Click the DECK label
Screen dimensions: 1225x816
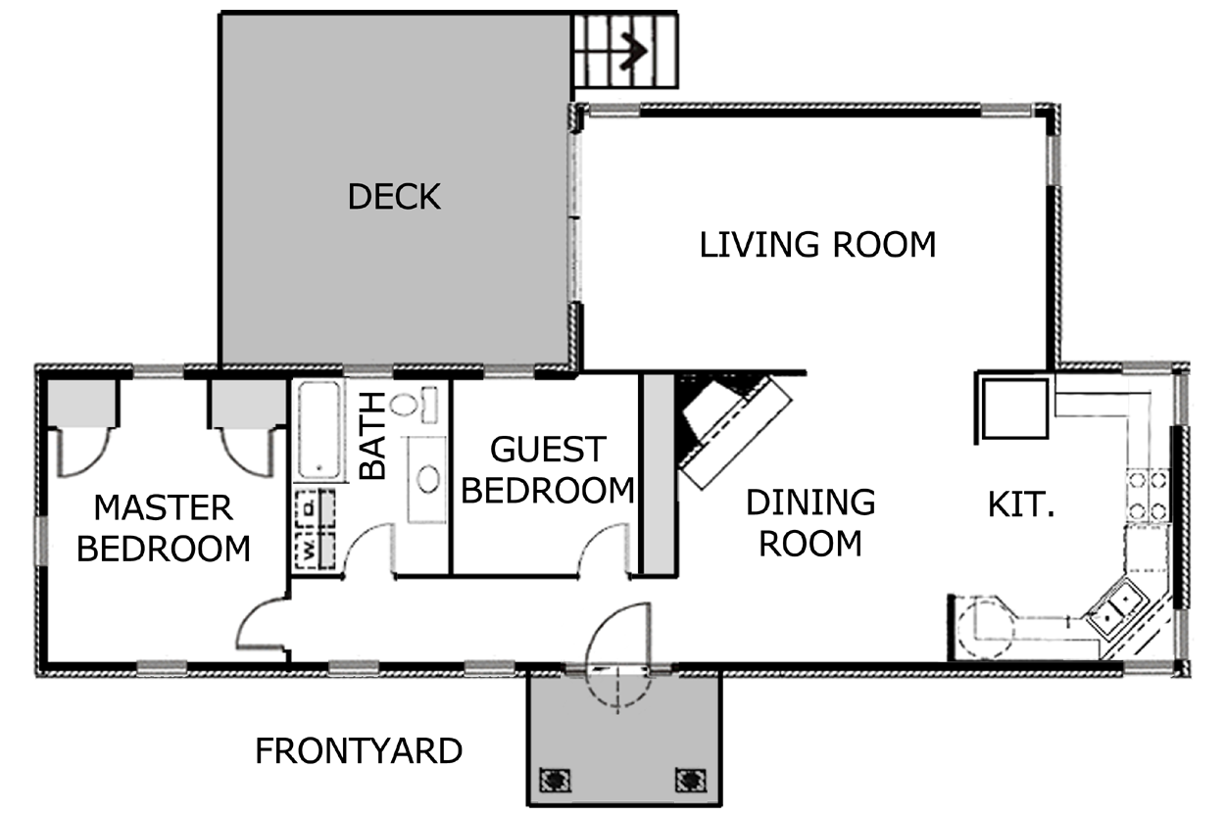tap(394, 197)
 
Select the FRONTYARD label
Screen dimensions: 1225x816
tap(359, 751)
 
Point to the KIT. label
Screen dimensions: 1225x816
tap(1021, 505)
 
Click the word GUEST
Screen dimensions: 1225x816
tap(548, 450)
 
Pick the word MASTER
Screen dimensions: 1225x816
tap(164, 507)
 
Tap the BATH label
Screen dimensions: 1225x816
tap(373, 436)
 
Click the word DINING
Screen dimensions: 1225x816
tap(810, 503)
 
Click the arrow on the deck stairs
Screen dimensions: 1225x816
tap(633, 51)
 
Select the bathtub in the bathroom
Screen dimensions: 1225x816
tap(319, 431)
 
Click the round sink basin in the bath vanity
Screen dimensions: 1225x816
tap(428, 479)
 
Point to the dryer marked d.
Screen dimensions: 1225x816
tap(315, 509)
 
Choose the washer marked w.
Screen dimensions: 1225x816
tap(315, 551)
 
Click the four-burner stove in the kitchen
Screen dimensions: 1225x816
tap(1148, 496)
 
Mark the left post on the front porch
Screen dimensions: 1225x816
tap(555, 780)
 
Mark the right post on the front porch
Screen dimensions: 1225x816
tap(690, 780)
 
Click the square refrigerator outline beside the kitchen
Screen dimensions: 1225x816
tap(1015, 408)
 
